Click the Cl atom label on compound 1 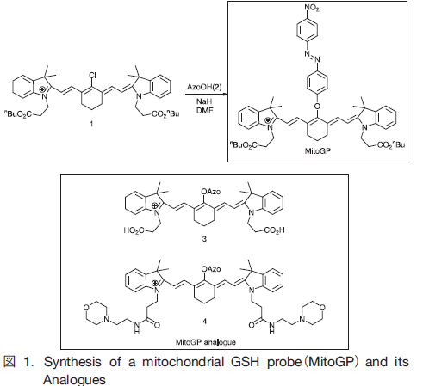pyautogui.click(x=92, y=76)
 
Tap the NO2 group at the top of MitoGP pyautogui.click(x=312, y=8)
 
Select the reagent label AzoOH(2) pyautogui.click(x=204, y=87)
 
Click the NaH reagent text pyautogui.click(x=204, y=101)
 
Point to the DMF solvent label pyautogui.click(x=204, y=110)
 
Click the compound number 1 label pyautogui.click(x=91, y=124)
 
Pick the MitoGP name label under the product pyautogui.click(x=318, y=151)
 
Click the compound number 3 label pyautogui.click(x=204, y=239)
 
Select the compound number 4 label pyautogui.click(x=204, y=322)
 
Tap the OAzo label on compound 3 pyautogui.click(x=211, y=192)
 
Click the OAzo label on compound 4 pyautogui.click(x=211, y=269)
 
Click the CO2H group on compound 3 pyautogui.click(x=274, y=230)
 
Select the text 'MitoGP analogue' pyautogui.click(x=206, y=342)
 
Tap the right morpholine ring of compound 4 pyautogui.click(x=313, y=313)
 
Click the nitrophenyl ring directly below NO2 pyautogui.click(x=307, y=29)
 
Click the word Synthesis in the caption pyautogui.click(x=72, y=362)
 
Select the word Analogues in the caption pyautogui.click(x=74, y=380)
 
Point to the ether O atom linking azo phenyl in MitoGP pyautogui.click(x=317, y=107)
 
